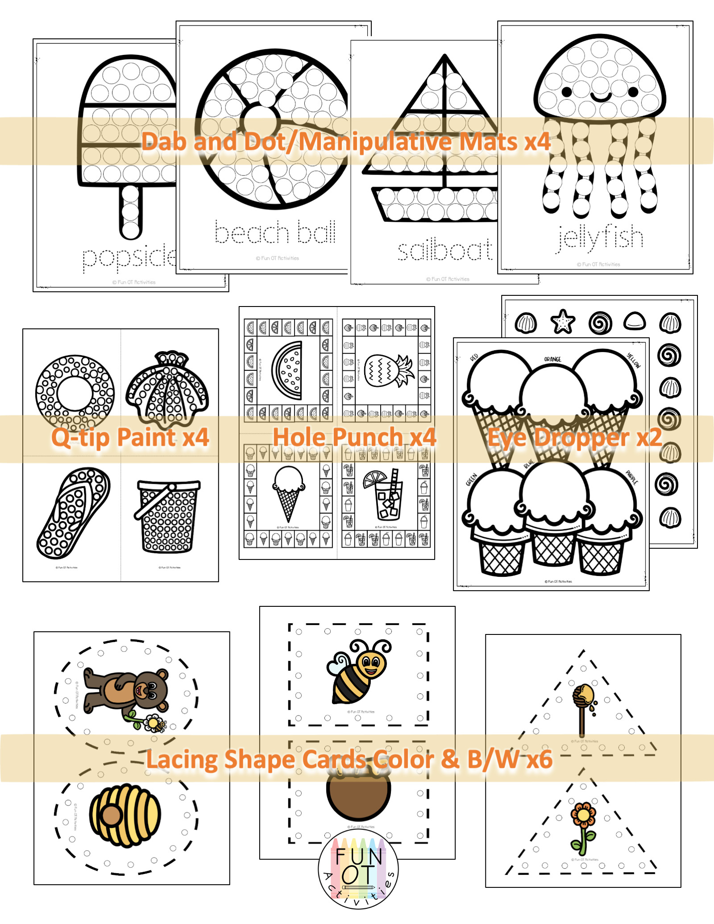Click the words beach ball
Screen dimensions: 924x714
[275, 232]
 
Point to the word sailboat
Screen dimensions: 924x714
[445, 251]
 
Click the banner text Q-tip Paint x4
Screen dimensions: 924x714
[130, 437]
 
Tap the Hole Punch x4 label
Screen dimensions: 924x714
[354, 437]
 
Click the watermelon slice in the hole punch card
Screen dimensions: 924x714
[288, 370]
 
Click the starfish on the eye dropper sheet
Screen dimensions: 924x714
[562, 322]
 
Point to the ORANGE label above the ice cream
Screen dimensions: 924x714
[552, 359]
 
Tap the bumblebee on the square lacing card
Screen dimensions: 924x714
[360, 672]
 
